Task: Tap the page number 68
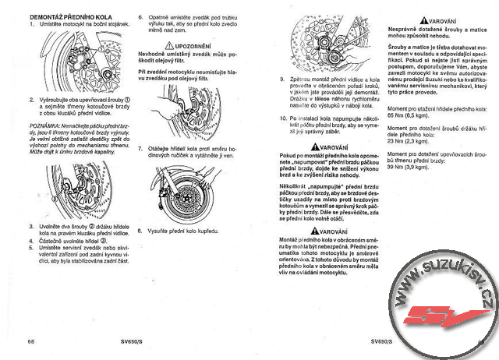[31, 341]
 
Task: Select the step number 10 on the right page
[283, 118]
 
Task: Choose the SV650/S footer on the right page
[380, 341]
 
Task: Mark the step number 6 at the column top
[140, 16]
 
